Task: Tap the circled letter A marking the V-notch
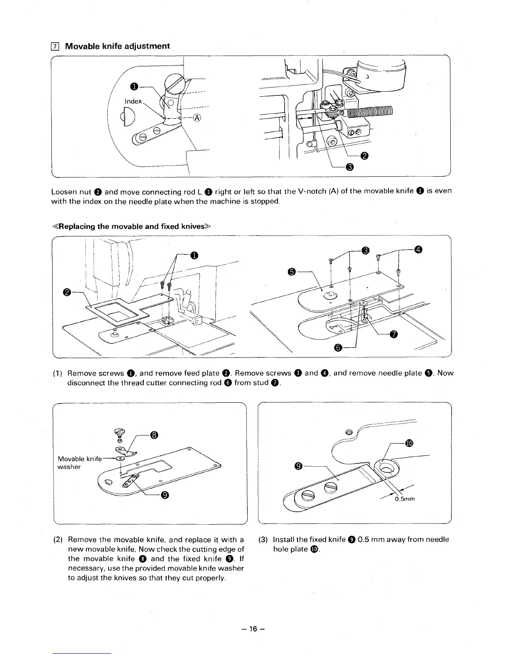tap(197, 118)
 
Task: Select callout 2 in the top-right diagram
tap(364, 156)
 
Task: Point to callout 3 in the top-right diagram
tap(349, 167)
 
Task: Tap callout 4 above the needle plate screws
tap(419, 249)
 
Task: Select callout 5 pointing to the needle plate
tap(292, 272)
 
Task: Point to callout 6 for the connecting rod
tap(338, 348)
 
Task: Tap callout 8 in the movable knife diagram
tap(154, 435)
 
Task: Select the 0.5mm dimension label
tap(405, 499)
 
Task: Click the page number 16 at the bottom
tap(254, 628)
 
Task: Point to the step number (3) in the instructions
tap(263, 540)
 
